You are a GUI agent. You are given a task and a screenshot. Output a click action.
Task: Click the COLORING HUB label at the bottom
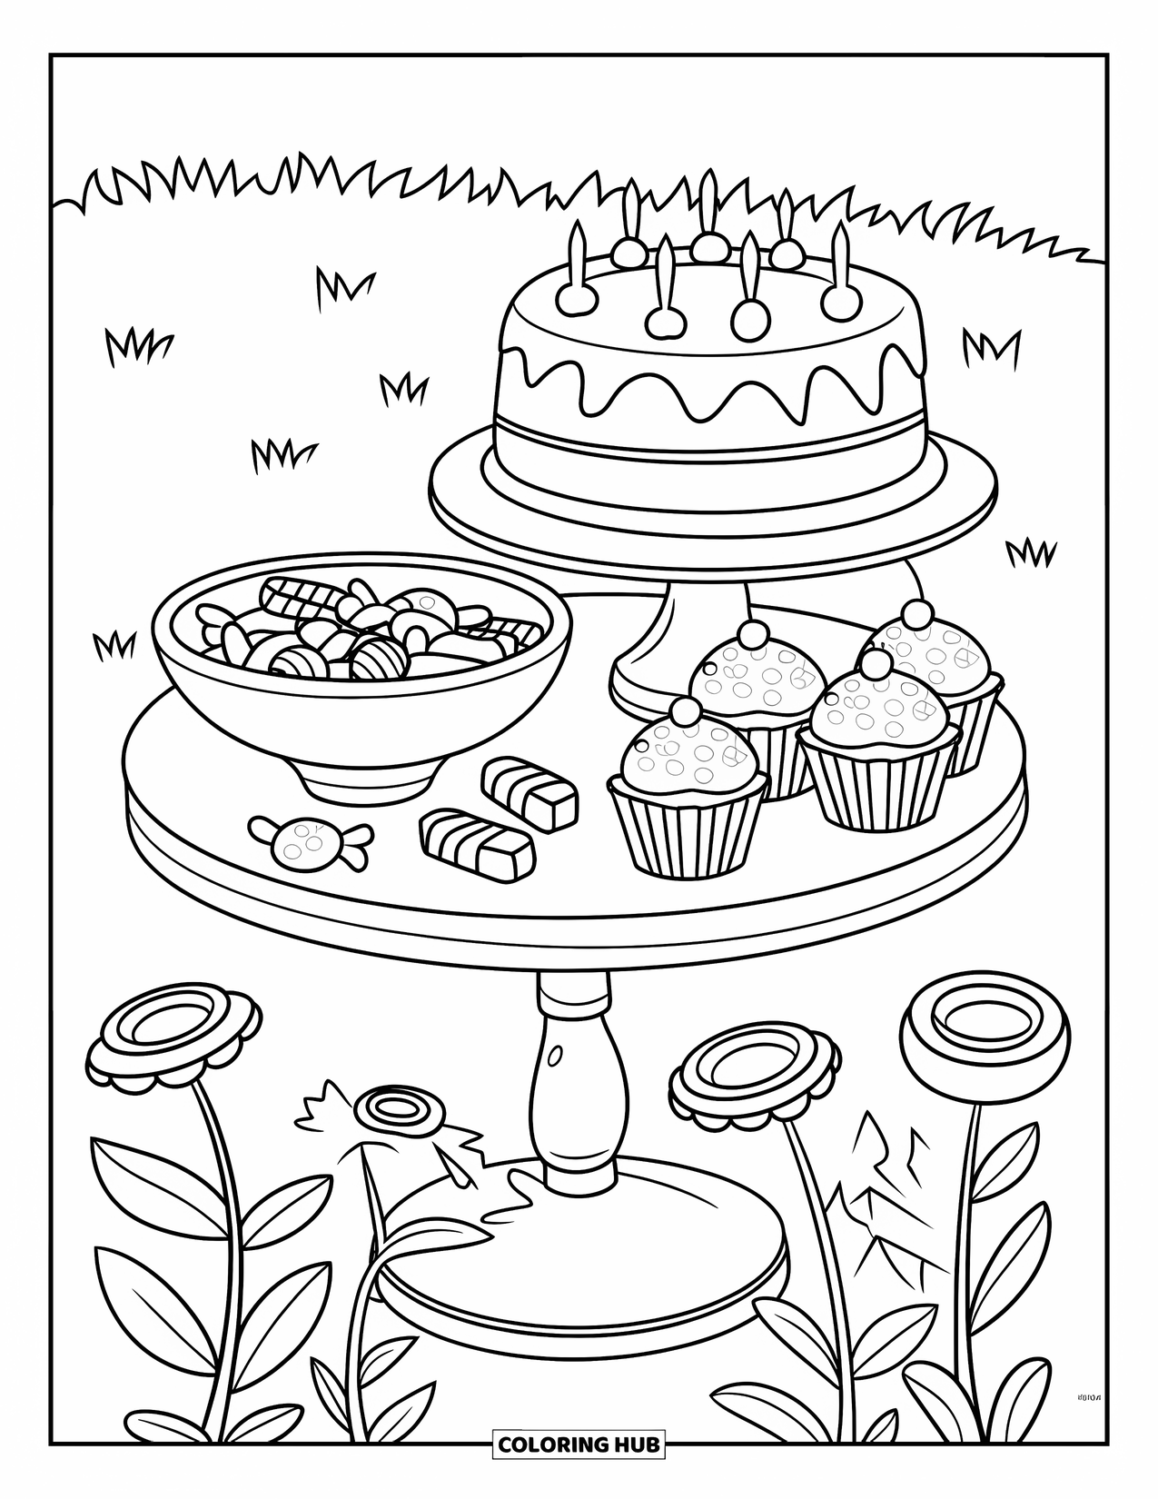point(579,1444)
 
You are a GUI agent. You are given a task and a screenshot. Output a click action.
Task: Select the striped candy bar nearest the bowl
point(530,789)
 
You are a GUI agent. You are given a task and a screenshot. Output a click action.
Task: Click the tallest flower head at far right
point(971,1026)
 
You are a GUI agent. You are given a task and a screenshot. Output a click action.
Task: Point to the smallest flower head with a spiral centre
point(397,1110)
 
